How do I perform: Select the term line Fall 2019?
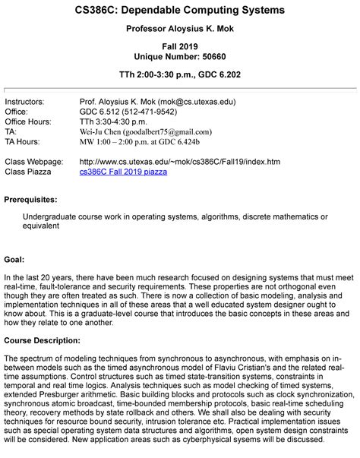pos(179,46)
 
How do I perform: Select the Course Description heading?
pos(45,339)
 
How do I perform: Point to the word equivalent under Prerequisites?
pos(44,226)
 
